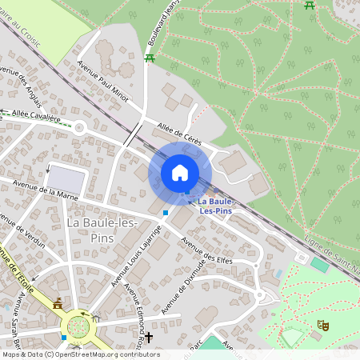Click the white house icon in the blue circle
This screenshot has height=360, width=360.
(180, 172)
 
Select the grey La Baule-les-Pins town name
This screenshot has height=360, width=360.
(102, 229)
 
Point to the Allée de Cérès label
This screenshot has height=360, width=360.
(179, 133)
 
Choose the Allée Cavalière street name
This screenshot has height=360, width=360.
(35, 117)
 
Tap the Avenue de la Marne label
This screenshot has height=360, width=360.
(46, 191)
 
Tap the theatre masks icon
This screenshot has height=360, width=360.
(322, 325)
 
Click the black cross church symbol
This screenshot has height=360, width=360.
(148, 338)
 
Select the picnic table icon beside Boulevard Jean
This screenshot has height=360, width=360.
(150, 58)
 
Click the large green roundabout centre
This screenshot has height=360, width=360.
(78, 326)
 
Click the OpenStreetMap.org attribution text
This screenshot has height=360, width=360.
(104, 354)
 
